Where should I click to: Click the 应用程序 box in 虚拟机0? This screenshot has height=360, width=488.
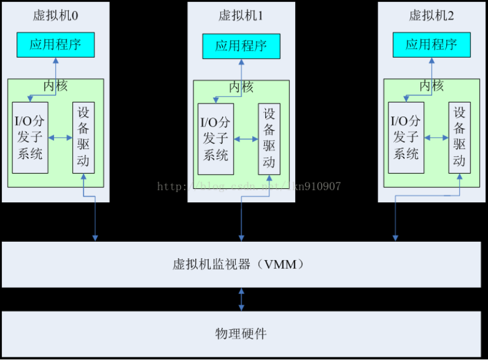click(x=55, y=45)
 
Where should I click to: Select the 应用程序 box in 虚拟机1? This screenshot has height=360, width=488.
click(x=241, y=46)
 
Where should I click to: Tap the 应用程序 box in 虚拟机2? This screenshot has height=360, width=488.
click(x=432, y=45)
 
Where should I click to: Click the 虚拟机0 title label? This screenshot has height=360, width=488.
click(x=55, y=15)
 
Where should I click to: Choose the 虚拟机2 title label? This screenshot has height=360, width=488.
click(x=432, y=15)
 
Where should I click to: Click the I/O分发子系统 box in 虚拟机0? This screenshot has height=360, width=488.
click(x=30, y=138)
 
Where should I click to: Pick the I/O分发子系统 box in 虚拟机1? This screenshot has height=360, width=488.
click(x=216, y=139)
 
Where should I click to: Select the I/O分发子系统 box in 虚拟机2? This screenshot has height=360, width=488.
click(x=406, y=138)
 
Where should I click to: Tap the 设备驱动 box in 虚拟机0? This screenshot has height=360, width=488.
click(x=83, y=138)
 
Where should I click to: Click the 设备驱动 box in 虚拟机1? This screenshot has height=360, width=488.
click(x=269, y=139)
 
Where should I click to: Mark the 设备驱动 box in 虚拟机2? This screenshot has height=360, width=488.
click(x=459, y=138)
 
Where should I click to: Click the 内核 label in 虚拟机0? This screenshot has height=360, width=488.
click(x=55, y=86)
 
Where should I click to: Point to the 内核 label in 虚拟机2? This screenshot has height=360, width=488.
click(x=432, y=86)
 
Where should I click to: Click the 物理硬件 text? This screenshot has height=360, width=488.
click(x=241, y=334)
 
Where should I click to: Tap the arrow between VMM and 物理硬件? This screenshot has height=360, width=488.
click(x=241, y=299)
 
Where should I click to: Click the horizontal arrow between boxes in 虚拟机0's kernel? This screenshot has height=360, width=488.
click(x=61, y=138)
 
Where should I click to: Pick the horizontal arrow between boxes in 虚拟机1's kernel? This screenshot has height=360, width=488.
click(x=246, y=139)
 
